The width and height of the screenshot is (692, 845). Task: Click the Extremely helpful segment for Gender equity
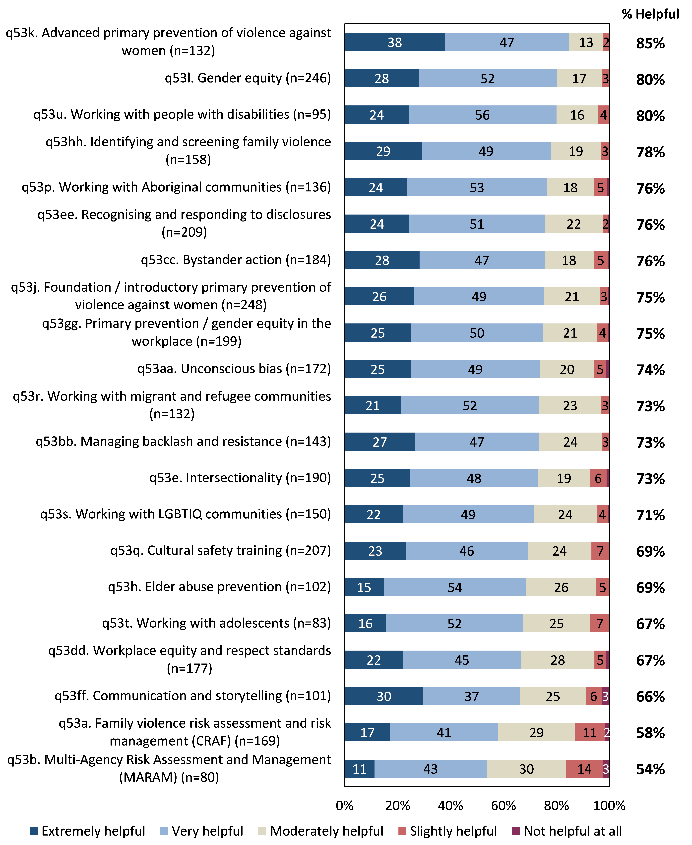coord(381,78)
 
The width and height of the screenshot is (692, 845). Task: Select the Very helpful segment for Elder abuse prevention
coord(454,587)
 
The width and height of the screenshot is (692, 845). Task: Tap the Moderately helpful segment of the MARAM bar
coord(526,769)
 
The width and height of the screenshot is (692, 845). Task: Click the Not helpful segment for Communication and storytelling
coord(605,696)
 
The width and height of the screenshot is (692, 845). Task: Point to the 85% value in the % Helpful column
coord(650,43)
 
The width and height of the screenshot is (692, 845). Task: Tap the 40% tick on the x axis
coord(450,805)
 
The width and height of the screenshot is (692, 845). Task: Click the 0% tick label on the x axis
coord(344,805)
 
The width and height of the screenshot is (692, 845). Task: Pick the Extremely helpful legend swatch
coord(34,831)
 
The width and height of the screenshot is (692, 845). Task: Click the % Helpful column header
coord(650,14)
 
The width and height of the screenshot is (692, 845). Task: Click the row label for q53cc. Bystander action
coord(236,260)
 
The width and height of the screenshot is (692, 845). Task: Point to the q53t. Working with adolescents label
coord(216,623)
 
